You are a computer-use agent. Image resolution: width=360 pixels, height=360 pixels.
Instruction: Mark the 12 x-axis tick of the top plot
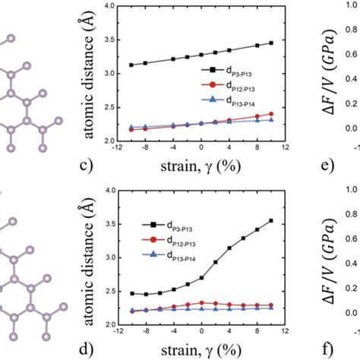tap(286, 149)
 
